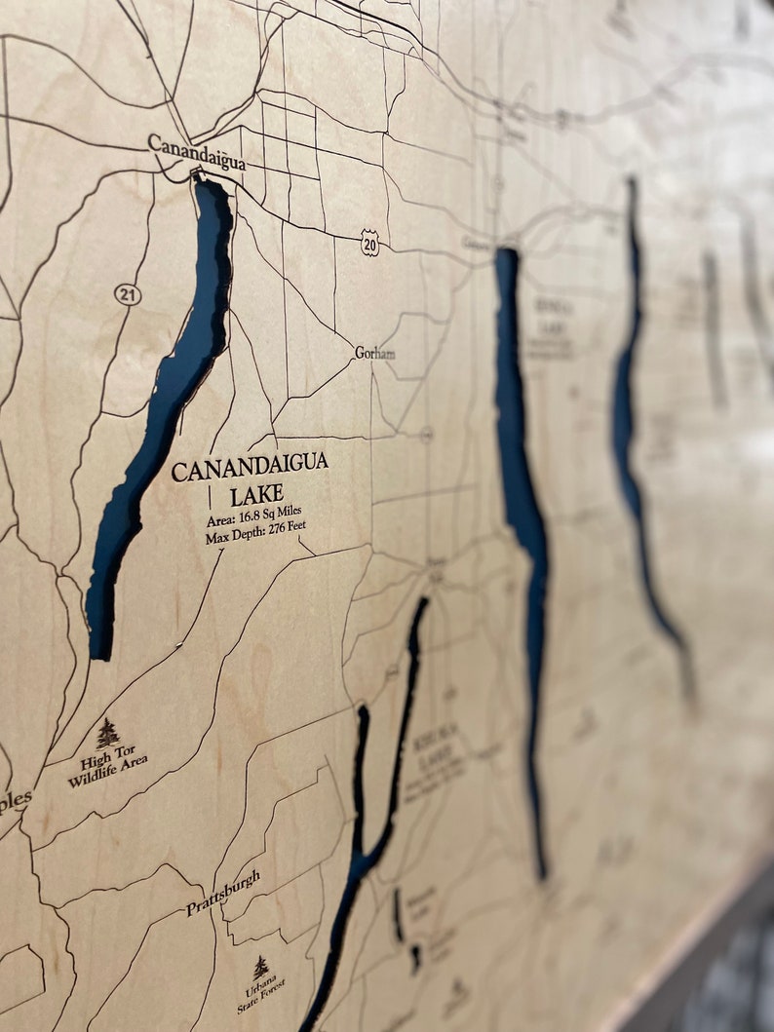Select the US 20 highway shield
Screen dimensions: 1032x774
click(x=368, y=243)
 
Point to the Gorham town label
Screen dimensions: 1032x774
click(x=375, y=353)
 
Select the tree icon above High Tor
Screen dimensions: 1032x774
click(x=107, y=733)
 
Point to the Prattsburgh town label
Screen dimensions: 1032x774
click(x=223, y=894)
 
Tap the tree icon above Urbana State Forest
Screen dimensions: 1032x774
click(x=260, y=968)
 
